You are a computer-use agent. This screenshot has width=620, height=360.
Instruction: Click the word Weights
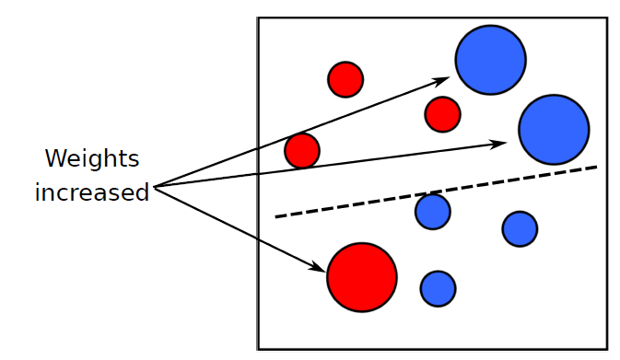pyautogui.click(x=92, y=159)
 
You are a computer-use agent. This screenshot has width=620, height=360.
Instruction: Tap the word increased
pyautogui.click(x=92, y=193)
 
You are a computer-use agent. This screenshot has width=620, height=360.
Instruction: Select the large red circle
pyautogui.click(x=362, y=277)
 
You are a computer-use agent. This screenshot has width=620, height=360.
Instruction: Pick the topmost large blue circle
pyautogui.click(x=490, y=60)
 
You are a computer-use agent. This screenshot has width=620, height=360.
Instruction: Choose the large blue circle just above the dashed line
pyautogui.click(x=554, y=130)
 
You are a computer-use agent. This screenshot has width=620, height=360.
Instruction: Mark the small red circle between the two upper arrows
pyautogui.click(x=302, y=150)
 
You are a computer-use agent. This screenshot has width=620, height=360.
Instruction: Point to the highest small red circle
pyautogui.click(x=345, y=79)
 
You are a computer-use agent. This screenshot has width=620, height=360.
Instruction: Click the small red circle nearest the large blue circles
pyautogui.click(x=442, y=114)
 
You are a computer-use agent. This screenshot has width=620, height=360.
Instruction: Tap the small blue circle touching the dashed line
pyautogui.click(x=432, y=212)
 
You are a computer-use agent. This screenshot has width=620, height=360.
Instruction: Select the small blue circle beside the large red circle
pyautogui.click(x=438, y=288)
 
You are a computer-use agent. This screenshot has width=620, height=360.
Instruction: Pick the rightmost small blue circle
pyautogui.click(x=520, y=228)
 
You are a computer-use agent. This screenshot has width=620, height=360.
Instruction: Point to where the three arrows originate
pyautogui.click(x=155, y=187)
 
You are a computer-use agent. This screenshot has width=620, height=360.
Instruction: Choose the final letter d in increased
pyautogui.click(x=142, y=193)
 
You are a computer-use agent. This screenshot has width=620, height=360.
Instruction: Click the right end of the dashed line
pyautogui.click(x=596, y=167)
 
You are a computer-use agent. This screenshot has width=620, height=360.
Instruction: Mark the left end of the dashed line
pyautogui.click(x=277, y=216)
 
